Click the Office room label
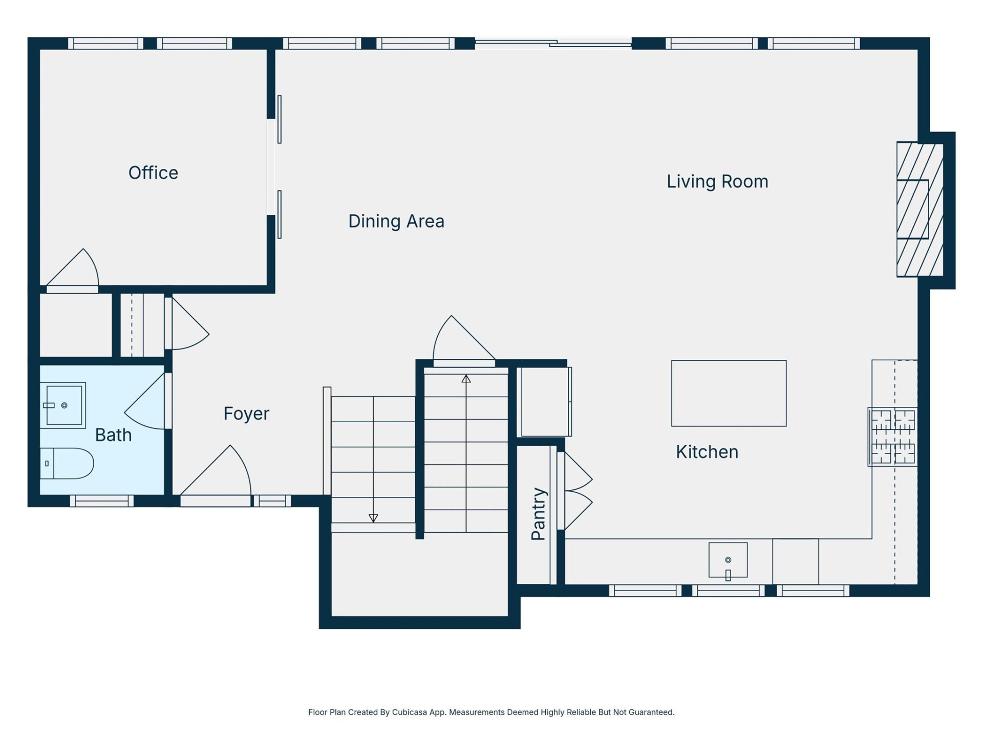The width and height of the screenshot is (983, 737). pos(153,173)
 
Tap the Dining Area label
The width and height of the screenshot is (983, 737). pos(396,221)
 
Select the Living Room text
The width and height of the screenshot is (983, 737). pos(717,182)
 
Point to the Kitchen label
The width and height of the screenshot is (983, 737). pos(707,452)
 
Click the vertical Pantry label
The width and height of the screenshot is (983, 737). pos(538,513)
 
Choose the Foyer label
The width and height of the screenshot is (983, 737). pos(246,414)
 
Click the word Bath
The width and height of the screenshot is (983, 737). pos(113,435)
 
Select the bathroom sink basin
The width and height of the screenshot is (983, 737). pos(63,405)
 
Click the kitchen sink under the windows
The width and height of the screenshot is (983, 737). pos(728,560)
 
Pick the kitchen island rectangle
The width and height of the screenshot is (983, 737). pos(729,393)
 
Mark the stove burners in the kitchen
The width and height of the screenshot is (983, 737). pos(893,437)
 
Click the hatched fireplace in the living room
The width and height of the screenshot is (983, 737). pos(920,209)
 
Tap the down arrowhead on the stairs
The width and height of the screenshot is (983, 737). pos(373,518)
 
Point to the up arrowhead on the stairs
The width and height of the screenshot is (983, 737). pos(466,379)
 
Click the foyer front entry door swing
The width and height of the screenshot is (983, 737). pos(220,473)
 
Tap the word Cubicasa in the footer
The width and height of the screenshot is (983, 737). pos(409,712)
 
